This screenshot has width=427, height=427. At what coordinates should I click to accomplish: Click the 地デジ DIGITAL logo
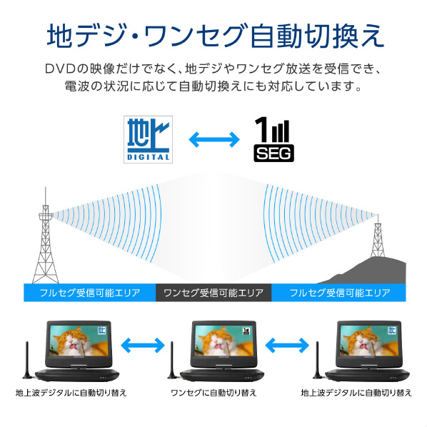click(x=147, y=138)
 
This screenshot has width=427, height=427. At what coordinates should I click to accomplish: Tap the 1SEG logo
click(x=274, y=139)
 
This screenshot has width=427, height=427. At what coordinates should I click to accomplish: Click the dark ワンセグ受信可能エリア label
click(x=213, y=293)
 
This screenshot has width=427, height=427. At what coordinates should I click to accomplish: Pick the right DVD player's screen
click(x=367, y=341)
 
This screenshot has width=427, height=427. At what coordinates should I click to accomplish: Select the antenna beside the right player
click(x=318, y=361)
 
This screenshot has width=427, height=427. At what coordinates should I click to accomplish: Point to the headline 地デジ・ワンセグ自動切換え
click(x=213, y=34)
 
